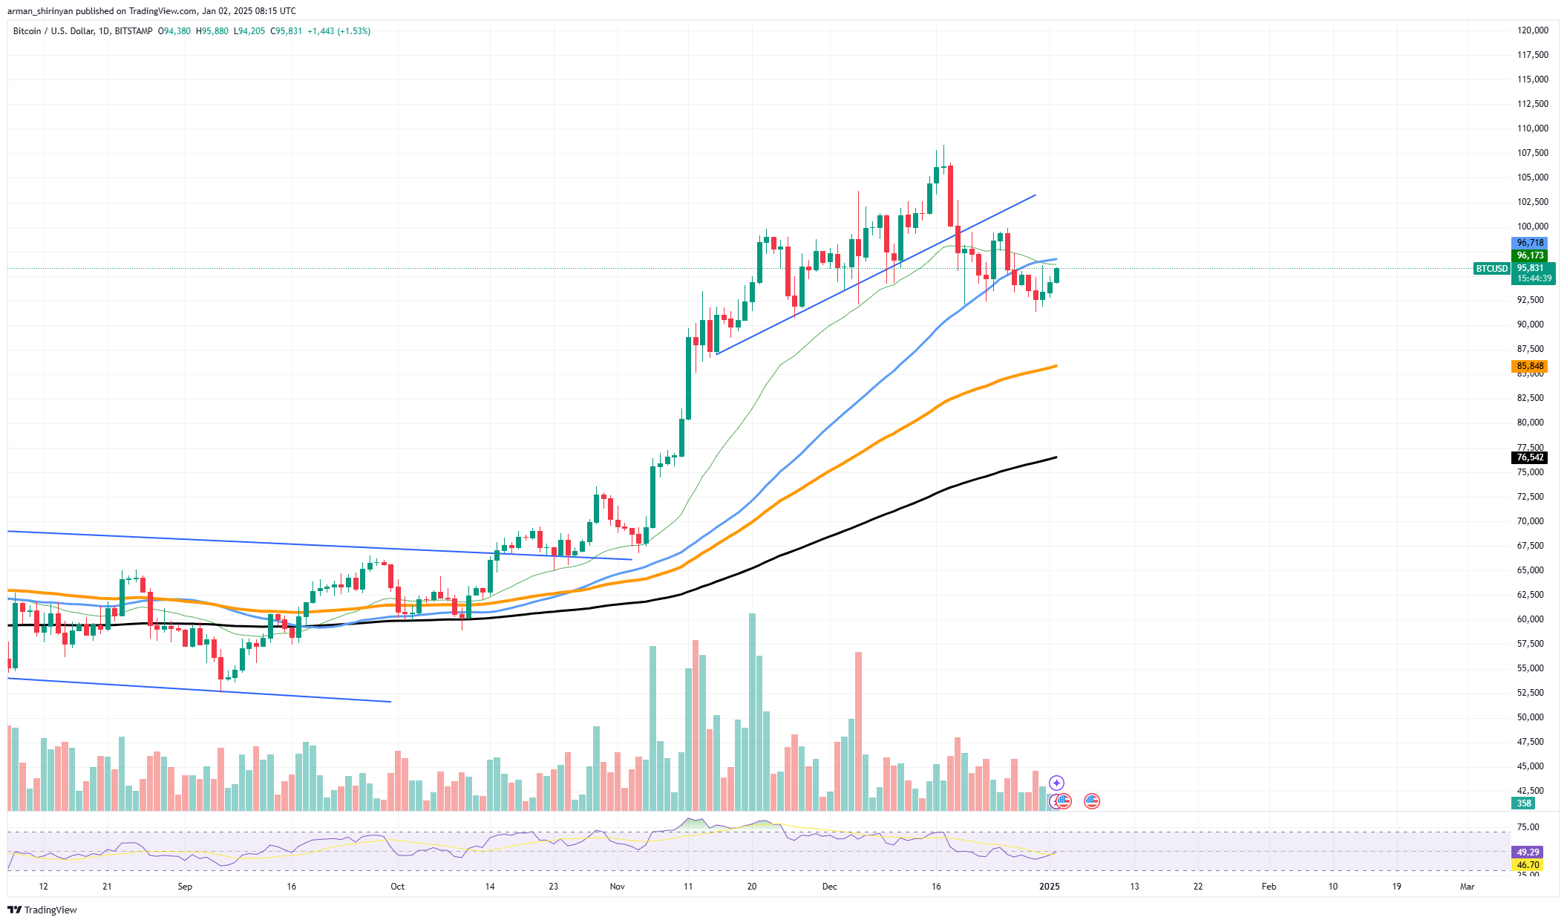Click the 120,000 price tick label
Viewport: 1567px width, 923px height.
click(x=1532, y=30)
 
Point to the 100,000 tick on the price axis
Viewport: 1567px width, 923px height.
click(x=1532, y=226)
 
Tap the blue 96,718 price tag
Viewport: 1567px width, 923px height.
click(x=1530, y=243)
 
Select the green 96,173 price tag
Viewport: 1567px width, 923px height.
click(x=1530, y=255)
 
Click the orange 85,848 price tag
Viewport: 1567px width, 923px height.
click(x=1530, y=366)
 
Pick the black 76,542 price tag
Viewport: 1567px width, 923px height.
click(x=1530, y=457)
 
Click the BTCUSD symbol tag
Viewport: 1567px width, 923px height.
click(x=1491, y=269)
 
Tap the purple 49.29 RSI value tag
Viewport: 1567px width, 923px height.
click(x=1527, y=852)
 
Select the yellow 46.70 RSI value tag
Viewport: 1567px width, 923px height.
click(x=1527, y=865)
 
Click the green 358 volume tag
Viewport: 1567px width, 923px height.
click(x=1523, y=803)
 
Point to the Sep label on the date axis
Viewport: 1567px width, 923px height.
click(x=185, y=887)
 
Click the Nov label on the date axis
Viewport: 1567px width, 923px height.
click(x=617, y=887)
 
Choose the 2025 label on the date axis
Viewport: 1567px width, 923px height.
click(x=1049, y=887)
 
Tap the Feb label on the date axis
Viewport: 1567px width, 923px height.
click(x=1269, y=887)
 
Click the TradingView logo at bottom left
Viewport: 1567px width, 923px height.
click(x=42, y=910)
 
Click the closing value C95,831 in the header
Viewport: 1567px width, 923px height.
click(x=286, y=31)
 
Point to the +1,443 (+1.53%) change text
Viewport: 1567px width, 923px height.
click(x=338, y=31)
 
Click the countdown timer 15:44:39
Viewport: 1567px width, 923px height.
click(x=1534, y=278)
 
